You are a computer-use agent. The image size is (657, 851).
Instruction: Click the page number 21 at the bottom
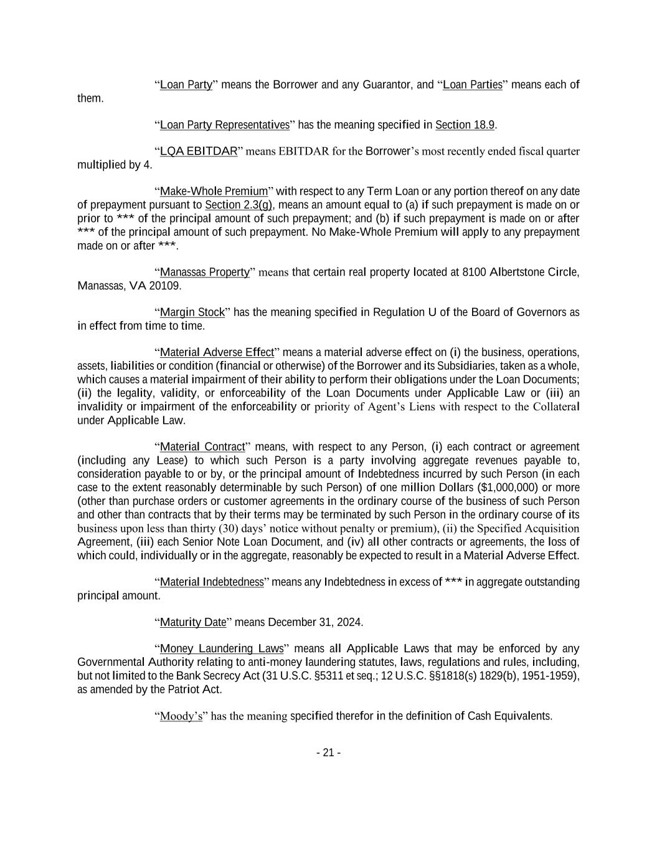pos(328,752)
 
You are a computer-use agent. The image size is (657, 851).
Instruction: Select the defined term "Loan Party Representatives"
pos(225,125)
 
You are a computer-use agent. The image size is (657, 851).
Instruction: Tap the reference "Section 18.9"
pos(465,125)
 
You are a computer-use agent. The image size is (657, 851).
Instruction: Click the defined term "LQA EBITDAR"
pos(199,151)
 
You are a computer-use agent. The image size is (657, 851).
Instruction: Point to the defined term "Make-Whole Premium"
pos(214,191)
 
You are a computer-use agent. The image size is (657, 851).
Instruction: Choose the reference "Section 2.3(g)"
pos(239,204)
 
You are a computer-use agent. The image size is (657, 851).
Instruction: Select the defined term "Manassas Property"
pos(205,272)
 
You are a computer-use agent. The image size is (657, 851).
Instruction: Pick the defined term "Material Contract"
pos(202,446)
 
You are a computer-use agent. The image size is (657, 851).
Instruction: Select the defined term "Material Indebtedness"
pos(212,582)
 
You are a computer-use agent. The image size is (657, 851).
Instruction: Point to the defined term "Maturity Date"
pos(193,622)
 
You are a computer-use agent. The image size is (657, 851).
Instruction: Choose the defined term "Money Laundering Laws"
pos(222,648)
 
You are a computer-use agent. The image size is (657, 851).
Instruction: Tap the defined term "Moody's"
pos(181,716)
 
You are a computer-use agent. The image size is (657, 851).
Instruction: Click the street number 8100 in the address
pos(475,272)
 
